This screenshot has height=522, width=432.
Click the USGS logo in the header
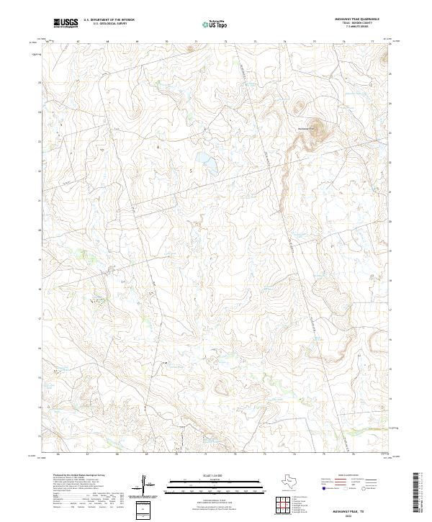point(66,24)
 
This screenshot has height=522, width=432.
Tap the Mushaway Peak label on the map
point(306,128)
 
